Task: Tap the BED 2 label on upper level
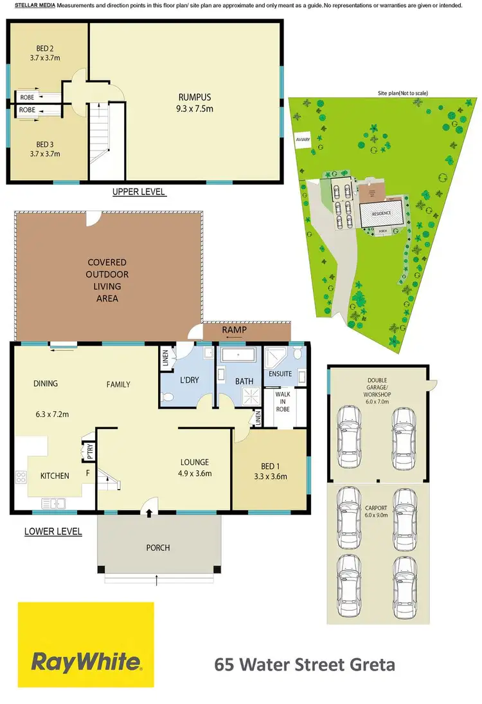point(45,52)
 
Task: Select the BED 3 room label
point(45,149)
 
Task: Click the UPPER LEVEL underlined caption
point(139,192)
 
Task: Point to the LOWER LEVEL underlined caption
point(53,532)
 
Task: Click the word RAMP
point(235,330)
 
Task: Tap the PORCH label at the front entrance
point(158,548)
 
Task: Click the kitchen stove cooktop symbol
point(21,477)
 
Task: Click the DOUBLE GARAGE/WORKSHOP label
point(377,387)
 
